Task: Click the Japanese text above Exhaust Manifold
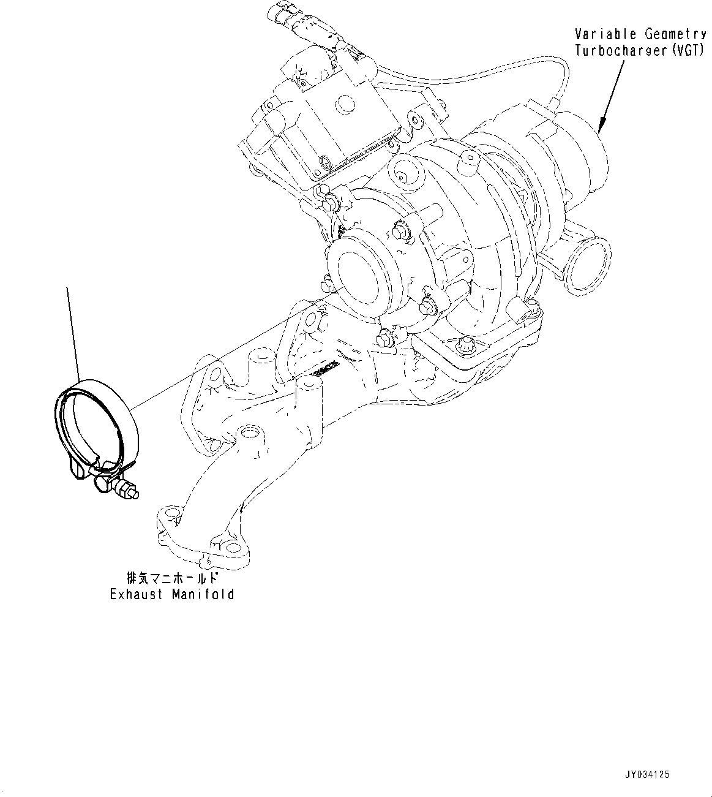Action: pos(172,578)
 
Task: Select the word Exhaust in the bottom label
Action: pos(136,594)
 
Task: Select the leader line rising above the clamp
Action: pos(72,331)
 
